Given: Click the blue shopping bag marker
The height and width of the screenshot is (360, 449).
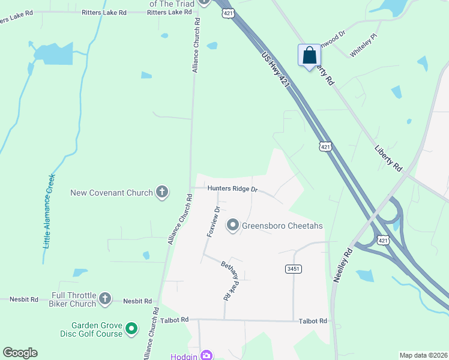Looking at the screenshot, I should click(x=309, y=56).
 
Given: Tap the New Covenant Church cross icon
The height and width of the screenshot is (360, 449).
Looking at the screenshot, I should click(x=161, y=193).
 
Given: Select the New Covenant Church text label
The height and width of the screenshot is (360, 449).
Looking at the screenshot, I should click(x=112, y=193).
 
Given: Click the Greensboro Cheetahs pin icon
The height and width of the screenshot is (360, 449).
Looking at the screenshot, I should click(x=233, y=226).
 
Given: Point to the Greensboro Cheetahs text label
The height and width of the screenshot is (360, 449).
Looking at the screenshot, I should click(x=282, y=226).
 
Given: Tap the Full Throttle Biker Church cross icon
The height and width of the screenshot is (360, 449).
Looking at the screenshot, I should click(x=105, y=298).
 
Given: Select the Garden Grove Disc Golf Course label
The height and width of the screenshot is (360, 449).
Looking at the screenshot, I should click(x=93, y=329).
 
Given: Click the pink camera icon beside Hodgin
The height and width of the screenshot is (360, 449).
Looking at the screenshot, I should click(x=206, y=355).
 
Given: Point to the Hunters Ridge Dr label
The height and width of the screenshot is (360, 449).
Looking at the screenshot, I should click(x=232, y=188).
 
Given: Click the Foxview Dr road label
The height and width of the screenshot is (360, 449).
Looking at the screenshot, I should click(x=214, y=221).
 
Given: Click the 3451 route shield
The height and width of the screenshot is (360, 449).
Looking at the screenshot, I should click(x=293, y=269).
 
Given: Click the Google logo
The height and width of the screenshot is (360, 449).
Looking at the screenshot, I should click(x=20, y=352).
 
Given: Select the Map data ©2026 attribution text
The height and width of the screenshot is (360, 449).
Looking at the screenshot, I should click(x=423, y=355).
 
